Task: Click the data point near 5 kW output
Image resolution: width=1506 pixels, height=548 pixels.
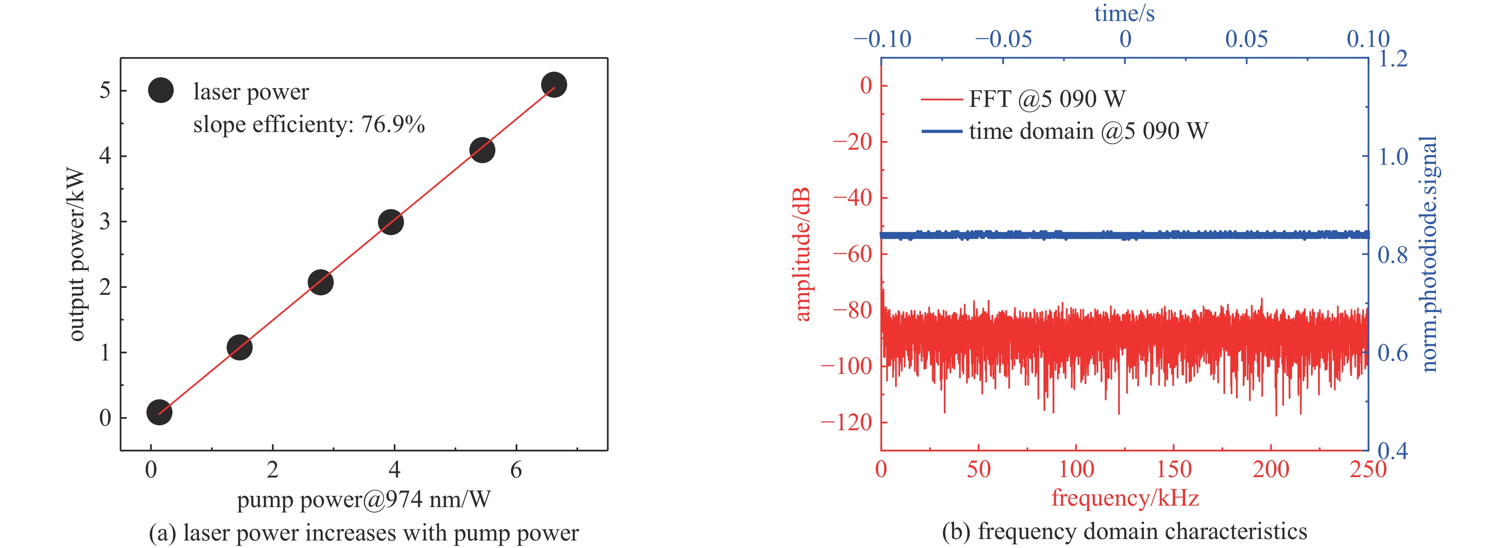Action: pos(553,85)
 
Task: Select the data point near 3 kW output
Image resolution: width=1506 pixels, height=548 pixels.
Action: pos(390,222)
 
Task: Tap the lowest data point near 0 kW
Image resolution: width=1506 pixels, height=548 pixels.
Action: pos(159,412)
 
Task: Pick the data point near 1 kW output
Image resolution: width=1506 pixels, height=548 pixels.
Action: pos(239,347)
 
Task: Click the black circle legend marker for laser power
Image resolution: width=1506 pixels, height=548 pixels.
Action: pos(161,91)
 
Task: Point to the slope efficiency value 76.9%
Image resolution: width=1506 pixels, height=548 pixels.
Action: pos(393,125)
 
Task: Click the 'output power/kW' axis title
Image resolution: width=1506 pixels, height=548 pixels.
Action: pos(76,254)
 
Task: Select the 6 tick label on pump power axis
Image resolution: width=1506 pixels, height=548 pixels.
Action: pos(516,470)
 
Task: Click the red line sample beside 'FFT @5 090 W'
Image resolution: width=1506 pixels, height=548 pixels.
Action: pos(941,99)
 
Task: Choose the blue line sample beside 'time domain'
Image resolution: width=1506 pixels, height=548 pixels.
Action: pos(941,131)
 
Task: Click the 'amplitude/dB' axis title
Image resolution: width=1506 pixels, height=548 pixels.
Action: pos(803,254)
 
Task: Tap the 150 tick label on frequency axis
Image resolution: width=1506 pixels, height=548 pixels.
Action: pos(1173,469)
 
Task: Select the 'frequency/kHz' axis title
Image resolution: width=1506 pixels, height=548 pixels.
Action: pos(1125,498)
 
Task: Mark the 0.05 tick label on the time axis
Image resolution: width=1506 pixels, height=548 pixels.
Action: pos(1246,39)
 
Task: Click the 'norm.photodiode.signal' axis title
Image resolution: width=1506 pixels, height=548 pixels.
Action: pos(1429,254)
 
